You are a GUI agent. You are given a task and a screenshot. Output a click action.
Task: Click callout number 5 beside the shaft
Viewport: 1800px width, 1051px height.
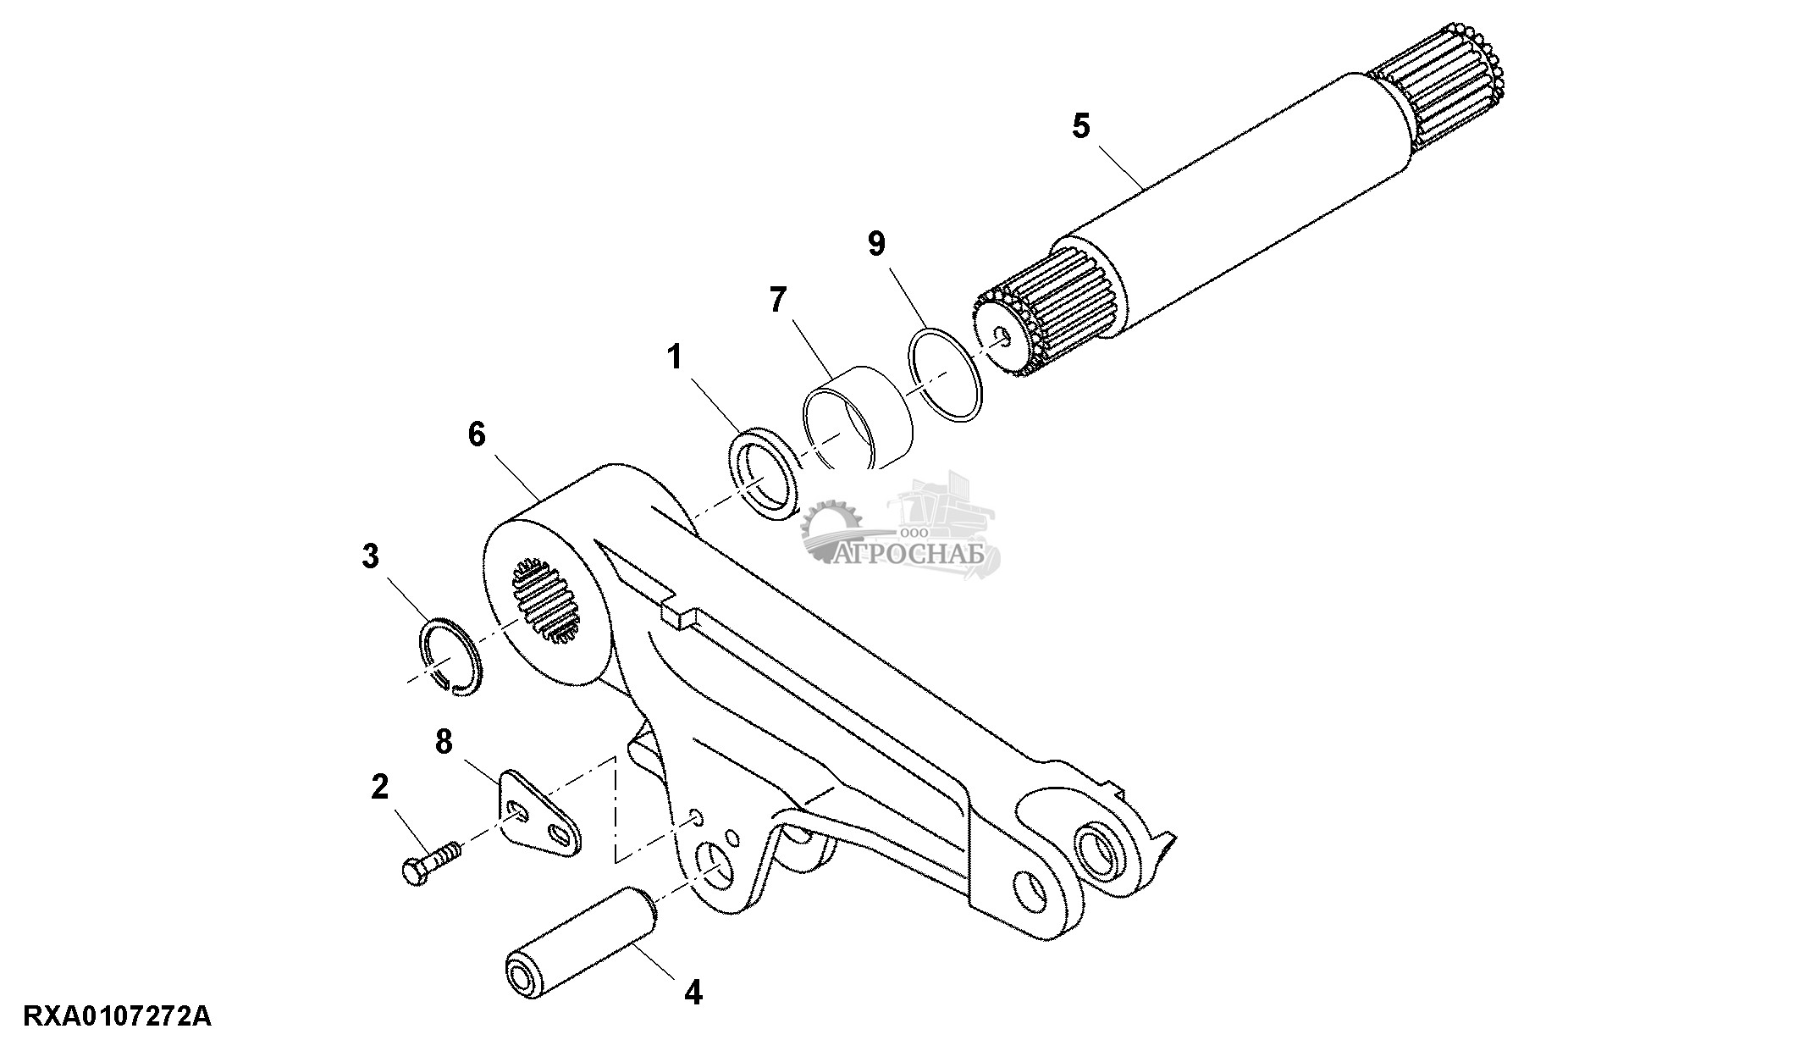tap(1081, 126)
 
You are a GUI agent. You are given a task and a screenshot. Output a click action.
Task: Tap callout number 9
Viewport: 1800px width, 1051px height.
tap(876, 244)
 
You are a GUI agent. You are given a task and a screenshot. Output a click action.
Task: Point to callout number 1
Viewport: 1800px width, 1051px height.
tap(675, 357)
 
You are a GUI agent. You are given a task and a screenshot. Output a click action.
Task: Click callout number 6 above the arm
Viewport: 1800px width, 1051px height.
tap(477, 434)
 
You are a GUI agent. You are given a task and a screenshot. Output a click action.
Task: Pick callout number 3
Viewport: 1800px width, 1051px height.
tap(370, 556)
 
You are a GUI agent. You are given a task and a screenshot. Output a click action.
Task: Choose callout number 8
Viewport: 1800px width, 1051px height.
tap(444, 742)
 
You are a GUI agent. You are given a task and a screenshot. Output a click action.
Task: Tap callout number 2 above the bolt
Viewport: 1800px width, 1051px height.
tap(380, 787)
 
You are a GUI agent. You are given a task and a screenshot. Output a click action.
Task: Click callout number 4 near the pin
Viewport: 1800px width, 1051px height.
tap(693, 992)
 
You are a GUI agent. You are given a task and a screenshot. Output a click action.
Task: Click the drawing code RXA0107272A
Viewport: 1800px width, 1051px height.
tap(118, 1015)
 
